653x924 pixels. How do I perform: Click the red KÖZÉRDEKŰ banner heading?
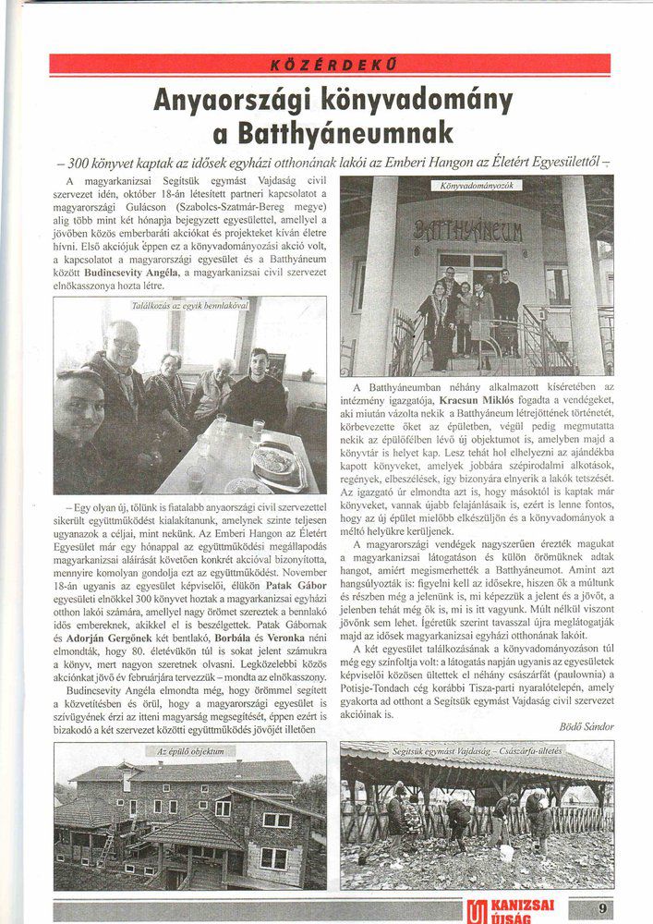(330, 65)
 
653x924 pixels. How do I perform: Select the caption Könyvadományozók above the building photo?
(477, 185)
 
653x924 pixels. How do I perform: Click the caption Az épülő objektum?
(190, 752)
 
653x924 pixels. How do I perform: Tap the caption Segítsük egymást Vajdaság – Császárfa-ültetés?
(476, 752)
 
